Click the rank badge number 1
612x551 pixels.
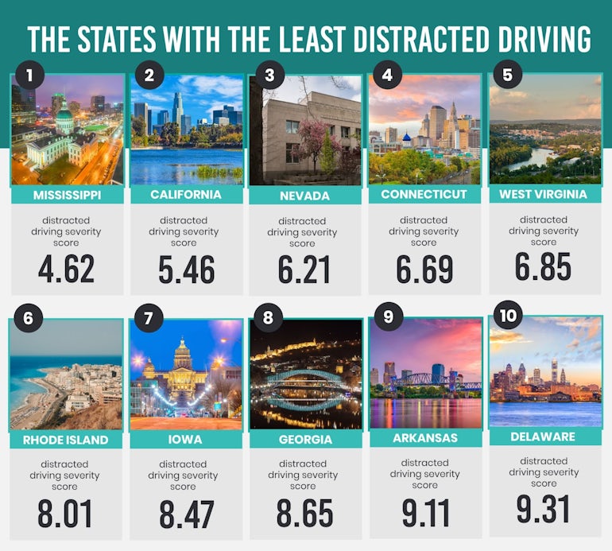tap(30, 76)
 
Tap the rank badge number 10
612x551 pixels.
tap(507, 316)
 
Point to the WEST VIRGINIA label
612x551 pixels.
tap(544, 194)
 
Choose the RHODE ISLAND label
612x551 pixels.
tap(67, 439)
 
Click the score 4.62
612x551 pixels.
tap(67, 269)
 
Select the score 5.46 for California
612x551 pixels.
tap(186, 270)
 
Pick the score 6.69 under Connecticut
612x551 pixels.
tap(424, 270)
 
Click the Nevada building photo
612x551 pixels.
tap(306, 131)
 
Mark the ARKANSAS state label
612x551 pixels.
tap(425, 437)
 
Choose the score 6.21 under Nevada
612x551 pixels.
tap(306, 270)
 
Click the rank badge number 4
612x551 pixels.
tap(387, 76)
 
